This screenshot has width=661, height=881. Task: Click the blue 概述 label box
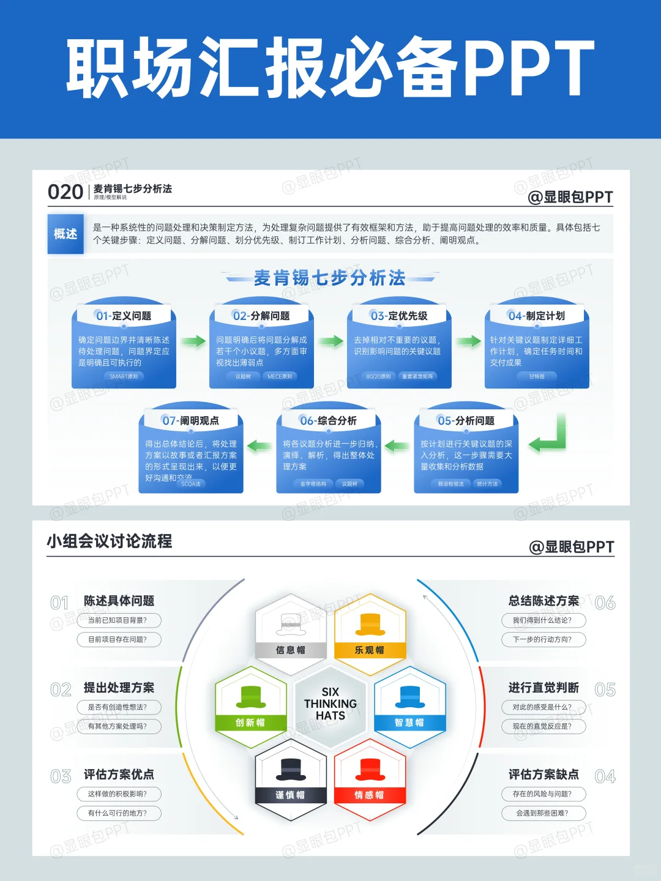65,233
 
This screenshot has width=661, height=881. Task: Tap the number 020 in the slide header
65,192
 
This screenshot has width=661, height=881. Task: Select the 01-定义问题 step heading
124,316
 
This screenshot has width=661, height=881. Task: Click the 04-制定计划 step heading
537,316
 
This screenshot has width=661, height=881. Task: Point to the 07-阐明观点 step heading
191,420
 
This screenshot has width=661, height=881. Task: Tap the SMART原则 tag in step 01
124,376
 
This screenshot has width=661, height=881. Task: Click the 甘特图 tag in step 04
537,376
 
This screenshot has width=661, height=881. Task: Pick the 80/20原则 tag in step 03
378,376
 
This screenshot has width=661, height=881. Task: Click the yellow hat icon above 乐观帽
370,624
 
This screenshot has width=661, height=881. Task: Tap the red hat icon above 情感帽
370,769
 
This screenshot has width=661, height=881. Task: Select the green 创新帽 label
250,723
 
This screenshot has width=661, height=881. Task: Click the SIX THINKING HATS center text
330,704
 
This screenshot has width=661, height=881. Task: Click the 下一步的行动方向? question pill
543,639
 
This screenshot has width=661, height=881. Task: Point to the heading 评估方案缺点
543,775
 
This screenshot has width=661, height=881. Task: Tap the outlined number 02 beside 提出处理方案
61,690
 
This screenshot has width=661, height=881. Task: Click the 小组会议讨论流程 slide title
110,541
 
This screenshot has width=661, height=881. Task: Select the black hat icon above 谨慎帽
290,769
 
